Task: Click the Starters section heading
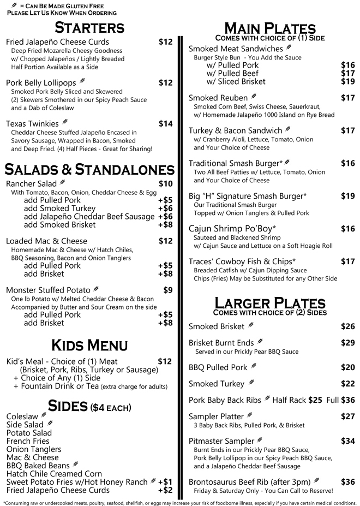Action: coord(89,27)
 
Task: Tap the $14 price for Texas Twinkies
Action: coord(165,124)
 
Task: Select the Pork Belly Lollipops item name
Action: coord(41,83)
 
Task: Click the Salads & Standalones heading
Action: coord(89,169)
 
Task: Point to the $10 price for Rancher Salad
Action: coord(165,184)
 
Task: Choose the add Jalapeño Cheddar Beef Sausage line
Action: coord(89,217)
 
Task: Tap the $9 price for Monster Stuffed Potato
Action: coord(168,290)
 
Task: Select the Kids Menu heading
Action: coord(89,345)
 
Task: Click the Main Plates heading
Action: coord(271,28)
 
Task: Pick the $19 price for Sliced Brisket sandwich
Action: coord(348,81)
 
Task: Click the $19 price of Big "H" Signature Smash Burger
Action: coord(348,196)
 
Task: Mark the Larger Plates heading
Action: coord(271,303)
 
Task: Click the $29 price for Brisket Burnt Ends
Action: coord(348,343)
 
